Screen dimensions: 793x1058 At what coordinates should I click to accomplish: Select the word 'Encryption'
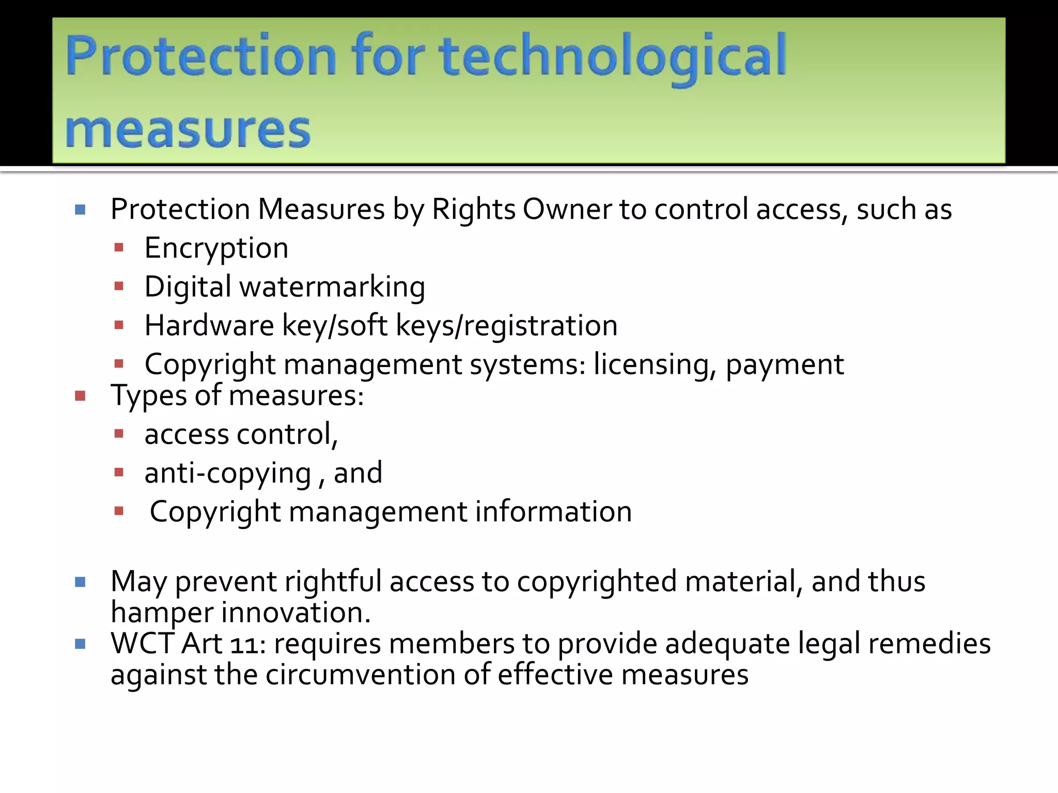coord(216,248)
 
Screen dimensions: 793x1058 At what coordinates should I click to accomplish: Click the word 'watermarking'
coord(332,287)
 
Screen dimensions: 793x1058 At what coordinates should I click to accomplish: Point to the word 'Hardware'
coord(209,326)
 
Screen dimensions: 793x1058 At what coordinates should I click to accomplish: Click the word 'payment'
coord(785,364)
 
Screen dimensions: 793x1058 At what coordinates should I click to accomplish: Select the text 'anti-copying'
coord(228,473)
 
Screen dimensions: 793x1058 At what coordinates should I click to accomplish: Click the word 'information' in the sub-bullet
coord(553,512)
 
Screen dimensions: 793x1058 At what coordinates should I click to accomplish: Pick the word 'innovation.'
coord(296,612)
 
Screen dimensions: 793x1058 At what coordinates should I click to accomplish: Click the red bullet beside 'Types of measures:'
coord(80,396)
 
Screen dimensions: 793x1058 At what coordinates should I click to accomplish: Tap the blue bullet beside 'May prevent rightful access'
coord(80,582)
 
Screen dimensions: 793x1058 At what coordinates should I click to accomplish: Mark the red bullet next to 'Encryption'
coord(119,248)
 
